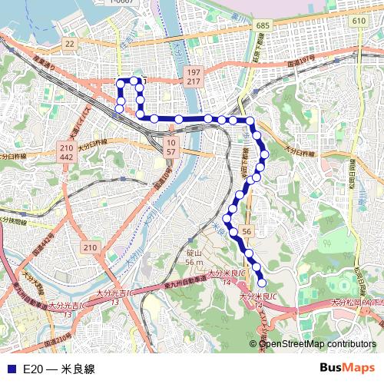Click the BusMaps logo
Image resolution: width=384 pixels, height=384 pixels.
[x=346, y=369]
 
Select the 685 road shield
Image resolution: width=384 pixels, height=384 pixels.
[x=263, y=26]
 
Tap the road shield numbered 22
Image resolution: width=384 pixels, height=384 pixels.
[x=69, y=44]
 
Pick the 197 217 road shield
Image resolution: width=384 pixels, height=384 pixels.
[x=194, y=76]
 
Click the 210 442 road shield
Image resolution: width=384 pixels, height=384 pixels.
[x=66, y=151]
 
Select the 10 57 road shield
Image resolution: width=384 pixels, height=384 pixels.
[x=170, y=147]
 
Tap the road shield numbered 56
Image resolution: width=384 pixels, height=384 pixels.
[x=247, y=230]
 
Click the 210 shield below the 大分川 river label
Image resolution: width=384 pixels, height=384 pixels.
[x=91, y=247]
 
